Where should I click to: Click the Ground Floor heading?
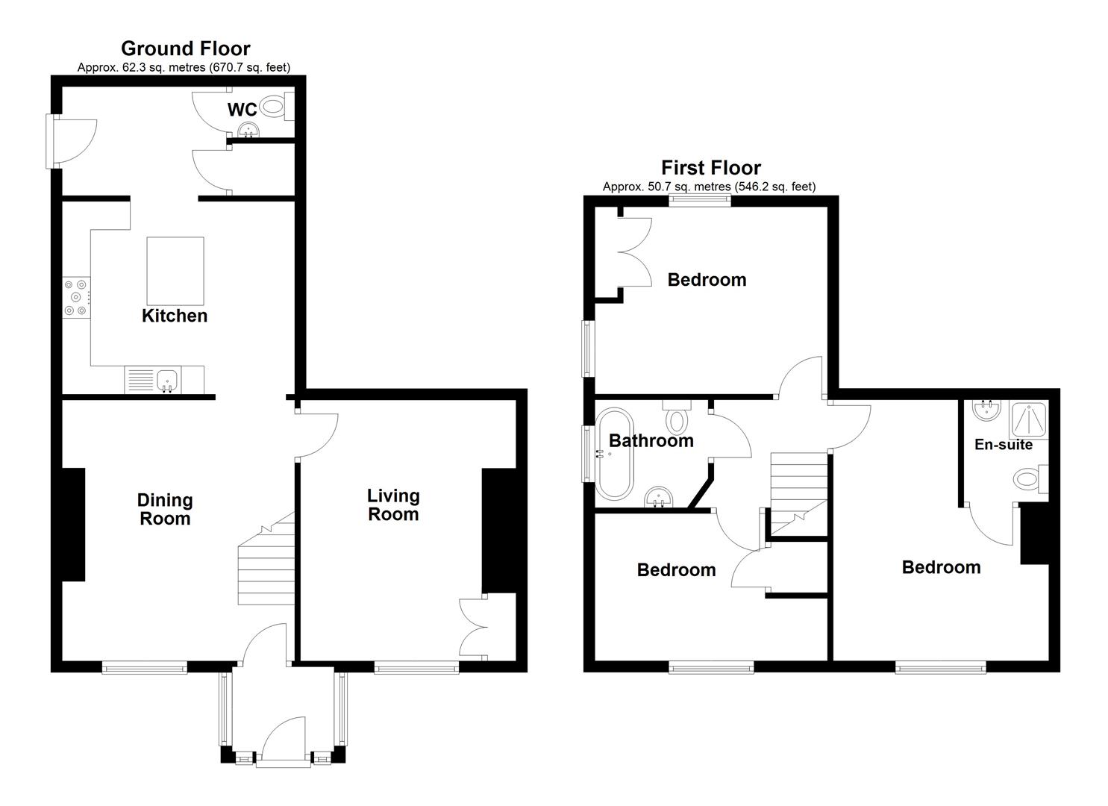(x=186, y=49)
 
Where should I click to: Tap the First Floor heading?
(x=711, y=168)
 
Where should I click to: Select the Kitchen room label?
(x=175, y=316)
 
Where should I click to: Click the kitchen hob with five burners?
(x=77, y=297)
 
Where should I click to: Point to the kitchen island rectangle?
(x=175, y=271)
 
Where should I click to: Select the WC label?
(x=242, y=110)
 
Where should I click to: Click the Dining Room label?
(x=165, y=509)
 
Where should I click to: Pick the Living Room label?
(x=393, y=504)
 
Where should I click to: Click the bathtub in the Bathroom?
(x=614, y=453)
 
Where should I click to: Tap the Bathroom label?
(x=651, y=440)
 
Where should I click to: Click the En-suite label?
(x=1004, y=444)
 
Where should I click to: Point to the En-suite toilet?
(x=1031, y=479)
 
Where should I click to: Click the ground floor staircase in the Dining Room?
(x=266, y=559)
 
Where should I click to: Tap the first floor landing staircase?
(x=799, y=494)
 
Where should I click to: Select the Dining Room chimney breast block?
(x=73, y=525)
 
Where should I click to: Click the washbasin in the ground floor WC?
(x=248, y=130)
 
